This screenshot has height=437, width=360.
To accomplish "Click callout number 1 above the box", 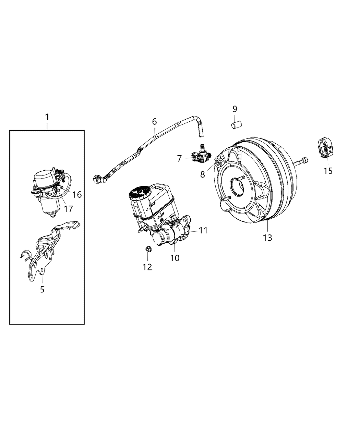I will [47, 117].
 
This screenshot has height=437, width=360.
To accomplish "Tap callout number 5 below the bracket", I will [42, 289].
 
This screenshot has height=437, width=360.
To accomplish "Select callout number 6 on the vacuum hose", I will [154, 121].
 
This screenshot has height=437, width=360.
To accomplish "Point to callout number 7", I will [179, 158].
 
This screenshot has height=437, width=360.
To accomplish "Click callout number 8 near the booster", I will [203, 174].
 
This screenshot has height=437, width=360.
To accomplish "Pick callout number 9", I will [235, 109].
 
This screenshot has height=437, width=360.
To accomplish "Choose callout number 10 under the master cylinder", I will [175, 258].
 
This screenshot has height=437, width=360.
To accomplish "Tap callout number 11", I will [203, 230].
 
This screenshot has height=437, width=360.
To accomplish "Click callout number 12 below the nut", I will [147, 267].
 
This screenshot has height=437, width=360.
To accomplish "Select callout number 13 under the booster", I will [267, 237].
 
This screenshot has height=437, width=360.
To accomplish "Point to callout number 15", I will [328, 170].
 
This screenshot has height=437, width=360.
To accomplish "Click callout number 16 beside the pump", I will [77, 195].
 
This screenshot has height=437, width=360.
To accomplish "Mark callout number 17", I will [69, 208].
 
